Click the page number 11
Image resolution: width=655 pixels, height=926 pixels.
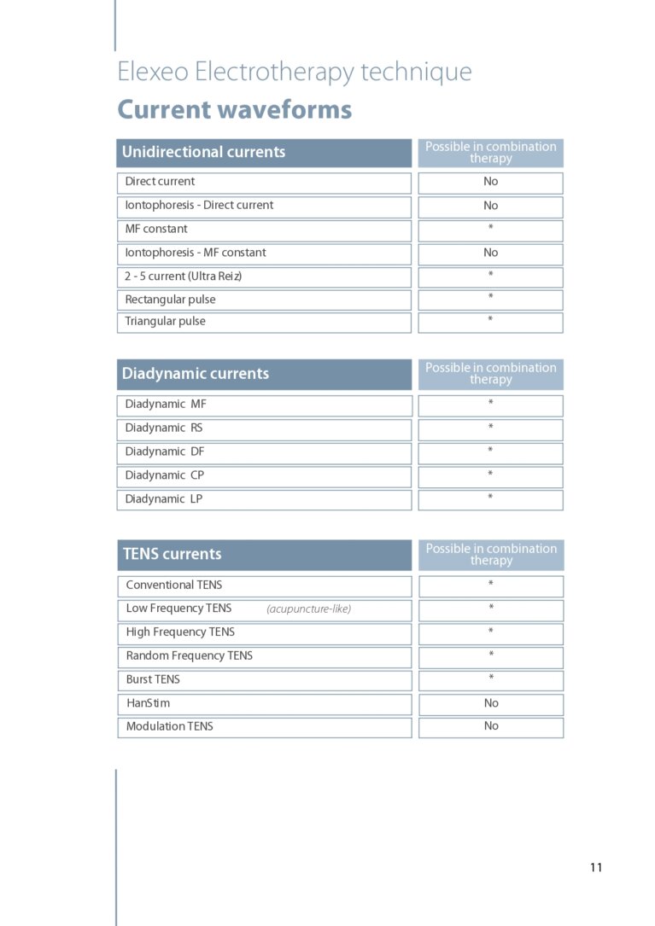tap(595, 867)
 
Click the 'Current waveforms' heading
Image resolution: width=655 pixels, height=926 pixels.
tap(234, 110)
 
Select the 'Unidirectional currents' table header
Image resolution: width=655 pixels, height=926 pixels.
tap(203, 152)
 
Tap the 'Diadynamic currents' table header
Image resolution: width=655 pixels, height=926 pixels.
tap(195, 373)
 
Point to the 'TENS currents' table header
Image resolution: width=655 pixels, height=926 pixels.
tap(172, 554)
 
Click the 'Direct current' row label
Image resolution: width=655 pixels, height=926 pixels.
tap(160, 182)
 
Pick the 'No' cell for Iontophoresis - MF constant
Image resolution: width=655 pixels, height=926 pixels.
tap(490, 253)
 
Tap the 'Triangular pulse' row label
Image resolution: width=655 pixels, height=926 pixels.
tap(165, 322)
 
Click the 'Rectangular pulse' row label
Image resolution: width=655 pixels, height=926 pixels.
tap(170, 300)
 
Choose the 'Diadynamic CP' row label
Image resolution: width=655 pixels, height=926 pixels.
tap(164, 475)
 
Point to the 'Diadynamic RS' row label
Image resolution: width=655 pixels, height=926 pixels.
tap(163, 428)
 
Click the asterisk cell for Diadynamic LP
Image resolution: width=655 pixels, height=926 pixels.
tap(490, 498)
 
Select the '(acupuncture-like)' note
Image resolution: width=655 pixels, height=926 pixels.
tap(308, 609)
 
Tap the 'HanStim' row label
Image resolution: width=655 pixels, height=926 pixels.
tap(148, 703)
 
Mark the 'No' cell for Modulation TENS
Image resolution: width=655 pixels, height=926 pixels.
tap(490, 726)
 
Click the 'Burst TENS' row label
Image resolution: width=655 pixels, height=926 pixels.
tap(153, 679)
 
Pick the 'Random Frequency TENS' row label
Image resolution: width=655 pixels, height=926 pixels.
tap(189, 655)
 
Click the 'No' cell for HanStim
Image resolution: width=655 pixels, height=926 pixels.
tap(490, 703)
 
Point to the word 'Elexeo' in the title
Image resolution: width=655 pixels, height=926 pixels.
tap(153, 72)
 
